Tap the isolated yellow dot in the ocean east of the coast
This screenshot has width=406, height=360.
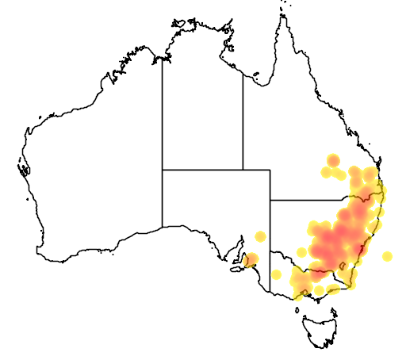click(387, 256)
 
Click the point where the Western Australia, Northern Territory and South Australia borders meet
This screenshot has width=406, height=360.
click(163, 170)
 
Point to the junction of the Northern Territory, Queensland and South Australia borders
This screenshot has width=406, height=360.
click(243, 170)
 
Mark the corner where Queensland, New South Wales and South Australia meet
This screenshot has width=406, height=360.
click(270, 200)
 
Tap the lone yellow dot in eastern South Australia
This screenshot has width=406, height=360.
click(260, 236)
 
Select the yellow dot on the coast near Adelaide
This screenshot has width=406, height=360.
click(252, 259)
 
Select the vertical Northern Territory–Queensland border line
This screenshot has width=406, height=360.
click(243, 119)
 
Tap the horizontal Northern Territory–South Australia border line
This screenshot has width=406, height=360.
click(202, 170)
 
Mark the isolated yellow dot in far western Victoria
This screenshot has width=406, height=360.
click(276, 274)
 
